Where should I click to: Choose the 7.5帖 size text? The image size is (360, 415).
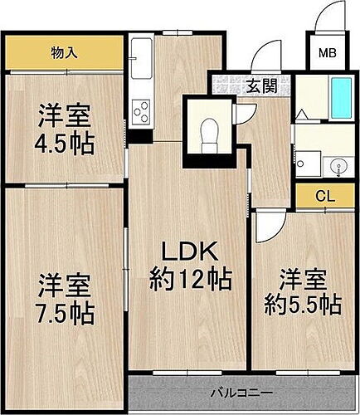[x=65, y=314]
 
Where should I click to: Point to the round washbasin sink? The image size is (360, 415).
[x=339, y=165]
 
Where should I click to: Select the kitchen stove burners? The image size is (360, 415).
[x=141, y=110]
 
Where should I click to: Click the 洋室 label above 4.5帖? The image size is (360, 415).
[x=63, y=112]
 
